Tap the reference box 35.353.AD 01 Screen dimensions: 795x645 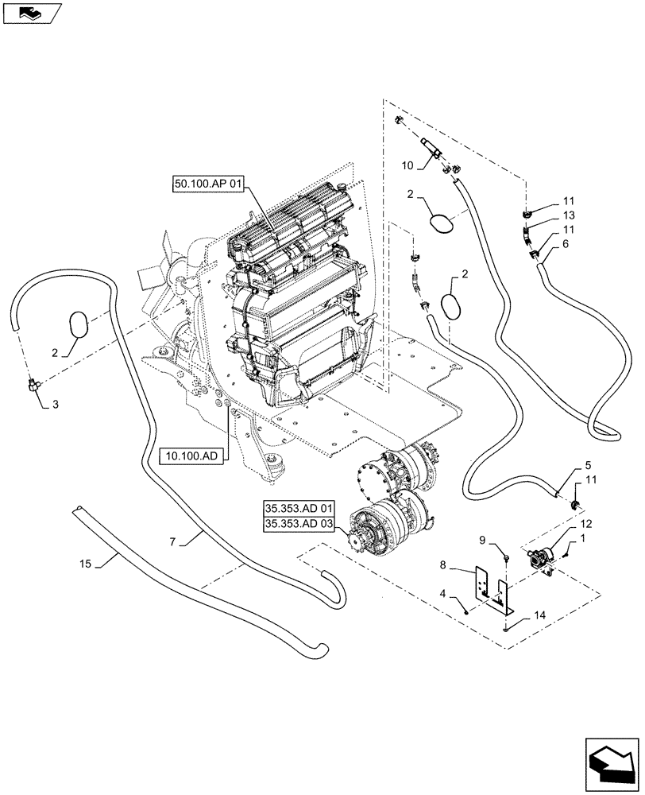tap(302, 507)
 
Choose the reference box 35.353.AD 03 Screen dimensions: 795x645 tap(302, 523)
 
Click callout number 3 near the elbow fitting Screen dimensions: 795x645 tap(56, 405)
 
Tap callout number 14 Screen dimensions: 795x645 tap(540, 615)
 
